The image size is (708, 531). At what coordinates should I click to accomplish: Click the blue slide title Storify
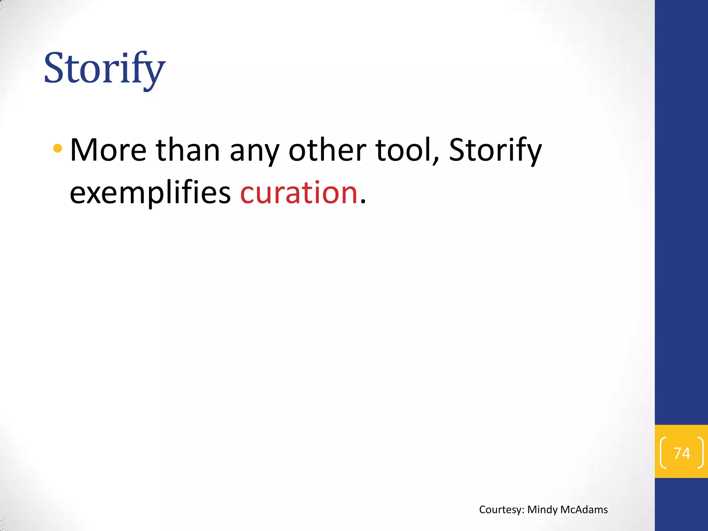[x=104, y=68]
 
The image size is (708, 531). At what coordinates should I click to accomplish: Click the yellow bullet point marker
[x=58, y=149]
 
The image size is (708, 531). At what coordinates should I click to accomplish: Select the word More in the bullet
[x=108, y=150]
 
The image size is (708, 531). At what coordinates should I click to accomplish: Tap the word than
[x=188, y=150]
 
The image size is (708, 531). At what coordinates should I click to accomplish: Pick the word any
[x=254, y=152]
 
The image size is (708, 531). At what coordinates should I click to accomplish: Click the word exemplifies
[x=150, y=193]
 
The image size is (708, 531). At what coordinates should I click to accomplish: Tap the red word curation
[x=299, y=193]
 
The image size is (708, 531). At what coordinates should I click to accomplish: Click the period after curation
[x=363, y=203]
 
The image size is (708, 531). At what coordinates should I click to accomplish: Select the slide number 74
[x=682, y=453]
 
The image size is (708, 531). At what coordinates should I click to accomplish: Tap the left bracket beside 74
[x=663, y=453]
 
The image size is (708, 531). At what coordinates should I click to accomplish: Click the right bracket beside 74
[x=700, y=453]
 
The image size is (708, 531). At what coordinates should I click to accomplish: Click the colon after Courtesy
[x=523, y=511]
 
